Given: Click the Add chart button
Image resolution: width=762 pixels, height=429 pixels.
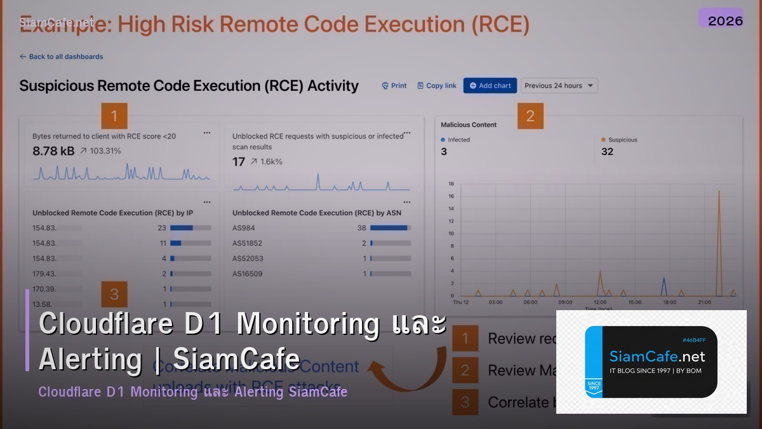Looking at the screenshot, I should tap(490, 86).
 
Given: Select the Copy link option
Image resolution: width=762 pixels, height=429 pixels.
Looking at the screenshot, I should tap(437, 86).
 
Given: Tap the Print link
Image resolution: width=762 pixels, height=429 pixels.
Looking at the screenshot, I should tap(394, 86).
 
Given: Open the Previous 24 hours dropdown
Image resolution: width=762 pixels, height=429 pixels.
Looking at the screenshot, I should tap(559, 86).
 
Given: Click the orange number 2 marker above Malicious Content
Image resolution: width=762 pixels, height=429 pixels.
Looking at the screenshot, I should tap(530, 116).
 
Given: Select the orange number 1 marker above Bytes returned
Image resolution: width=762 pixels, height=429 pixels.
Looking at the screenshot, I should tap(114, 116).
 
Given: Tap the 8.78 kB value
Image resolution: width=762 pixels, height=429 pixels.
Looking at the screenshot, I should tap(53, 151).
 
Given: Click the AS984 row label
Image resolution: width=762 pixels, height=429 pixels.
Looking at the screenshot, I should tap(243, 228).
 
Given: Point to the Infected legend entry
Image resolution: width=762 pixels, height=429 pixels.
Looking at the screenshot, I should tap(458, 140).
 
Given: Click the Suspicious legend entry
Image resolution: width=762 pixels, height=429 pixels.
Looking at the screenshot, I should tap(622, 140).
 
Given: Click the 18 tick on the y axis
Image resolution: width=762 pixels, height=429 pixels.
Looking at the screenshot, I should tap(451, 184).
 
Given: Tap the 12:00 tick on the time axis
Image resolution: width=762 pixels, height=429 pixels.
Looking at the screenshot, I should tap(599, 303).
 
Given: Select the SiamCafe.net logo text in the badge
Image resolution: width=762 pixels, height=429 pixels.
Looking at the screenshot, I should tap(657, 357).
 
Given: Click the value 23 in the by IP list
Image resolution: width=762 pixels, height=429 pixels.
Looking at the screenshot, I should tap(162, 228).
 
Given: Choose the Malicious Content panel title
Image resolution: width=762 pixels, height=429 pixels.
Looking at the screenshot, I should tap(469, 125).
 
